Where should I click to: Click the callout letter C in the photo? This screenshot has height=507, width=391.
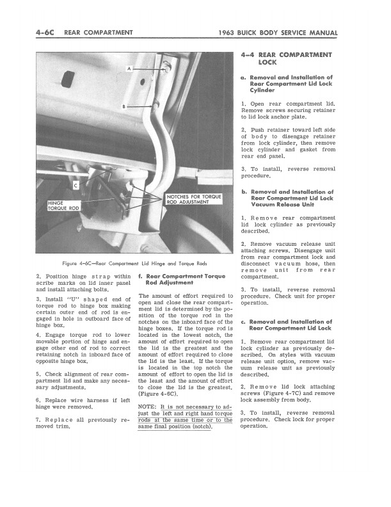click(x=76, y=186)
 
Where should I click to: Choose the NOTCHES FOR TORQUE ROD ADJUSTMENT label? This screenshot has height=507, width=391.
click(x=194, y=198)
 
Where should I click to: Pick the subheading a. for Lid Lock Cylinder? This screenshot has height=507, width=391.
click(x=292, y=84)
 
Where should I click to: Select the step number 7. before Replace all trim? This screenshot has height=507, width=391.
click(x=39, y=420)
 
